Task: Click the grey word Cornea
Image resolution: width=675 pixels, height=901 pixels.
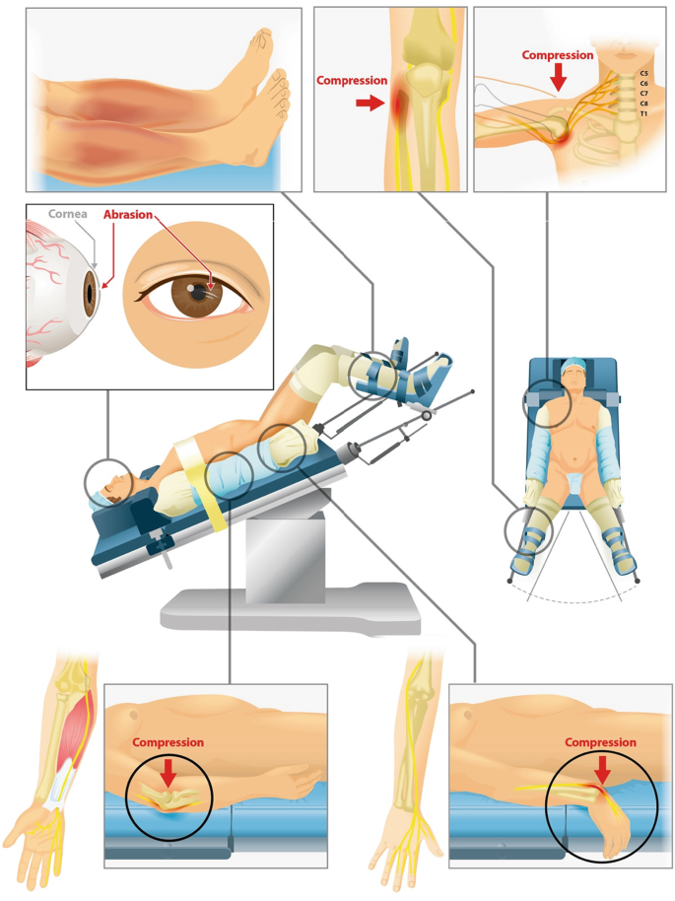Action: pyautogui.click(x=68, y=214)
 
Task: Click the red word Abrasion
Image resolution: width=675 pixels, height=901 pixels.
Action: pyautogui.click(x=128, y=215)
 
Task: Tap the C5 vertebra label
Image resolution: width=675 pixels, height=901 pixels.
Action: pyautogui.click(x=644, y=74)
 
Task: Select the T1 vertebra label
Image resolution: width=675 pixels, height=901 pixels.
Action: pyautogui.click(x=644, y=113)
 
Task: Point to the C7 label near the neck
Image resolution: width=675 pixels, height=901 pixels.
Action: pyautogui.click(x=644, y=93)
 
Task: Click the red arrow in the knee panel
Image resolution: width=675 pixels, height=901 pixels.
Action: pyautogui.click(x=370, y=104)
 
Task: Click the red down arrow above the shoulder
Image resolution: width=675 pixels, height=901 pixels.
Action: pyautogui.click(x=557, y=77)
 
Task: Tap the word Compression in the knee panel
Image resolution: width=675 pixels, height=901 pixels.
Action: pyautogui.click(x=352, y=81)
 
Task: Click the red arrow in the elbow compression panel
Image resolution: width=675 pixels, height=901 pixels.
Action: pyautogui.click(x=169, y=773)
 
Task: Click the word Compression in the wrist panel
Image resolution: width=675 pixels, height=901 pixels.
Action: pyautogui.click(x=600, y=742)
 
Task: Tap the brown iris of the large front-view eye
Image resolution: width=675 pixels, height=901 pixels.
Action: pyautogui.click(x=197, y=293)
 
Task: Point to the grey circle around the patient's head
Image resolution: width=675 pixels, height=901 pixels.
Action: pyautogui.click(x=85, y=483)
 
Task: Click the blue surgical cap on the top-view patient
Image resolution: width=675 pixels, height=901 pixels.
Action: pyautogui.click(x=573, y=365)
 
